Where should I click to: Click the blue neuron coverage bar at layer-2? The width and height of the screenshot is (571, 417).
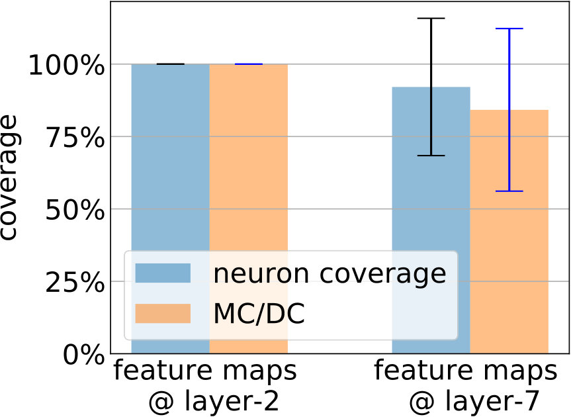[x=171, y=208]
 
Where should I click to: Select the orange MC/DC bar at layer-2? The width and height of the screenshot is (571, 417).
[x=249, y=208]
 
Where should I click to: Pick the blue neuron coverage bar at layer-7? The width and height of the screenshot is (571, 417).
[x=431, y=220]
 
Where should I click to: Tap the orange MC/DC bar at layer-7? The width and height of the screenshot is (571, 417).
[x=509, y=232]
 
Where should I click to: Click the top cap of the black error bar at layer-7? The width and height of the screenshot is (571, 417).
[x=431, y=19]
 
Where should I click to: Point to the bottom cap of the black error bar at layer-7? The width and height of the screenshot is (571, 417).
[x=431, y=156]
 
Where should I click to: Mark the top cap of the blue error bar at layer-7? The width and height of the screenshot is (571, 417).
[x=509, y=28]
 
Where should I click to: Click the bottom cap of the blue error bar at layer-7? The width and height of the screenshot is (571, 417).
[x=509, y=191]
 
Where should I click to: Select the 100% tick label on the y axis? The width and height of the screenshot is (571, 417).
[x=67, y=65]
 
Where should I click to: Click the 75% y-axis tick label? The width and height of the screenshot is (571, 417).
[x=75, y=138]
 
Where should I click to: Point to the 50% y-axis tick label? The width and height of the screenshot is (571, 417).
[x=75, y=210]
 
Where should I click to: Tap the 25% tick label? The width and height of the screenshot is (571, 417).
[x=75, y=283]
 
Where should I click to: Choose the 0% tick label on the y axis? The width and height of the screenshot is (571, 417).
[x=84, y=355]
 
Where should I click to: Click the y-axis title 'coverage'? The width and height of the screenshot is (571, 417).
[x=9, y=177]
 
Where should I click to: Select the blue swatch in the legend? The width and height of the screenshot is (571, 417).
[x=163, y=273]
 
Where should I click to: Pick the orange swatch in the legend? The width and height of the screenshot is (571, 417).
[x=163, y=314]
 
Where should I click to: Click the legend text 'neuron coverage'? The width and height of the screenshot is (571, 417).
[x=330, y=274]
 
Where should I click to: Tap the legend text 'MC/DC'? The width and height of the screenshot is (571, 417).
[x=259, y=314]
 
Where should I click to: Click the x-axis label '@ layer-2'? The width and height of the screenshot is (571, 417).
[x=214, y=402]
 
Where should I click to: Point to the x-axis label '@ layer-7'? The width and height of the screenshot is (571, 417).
[x=474, y=402]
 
